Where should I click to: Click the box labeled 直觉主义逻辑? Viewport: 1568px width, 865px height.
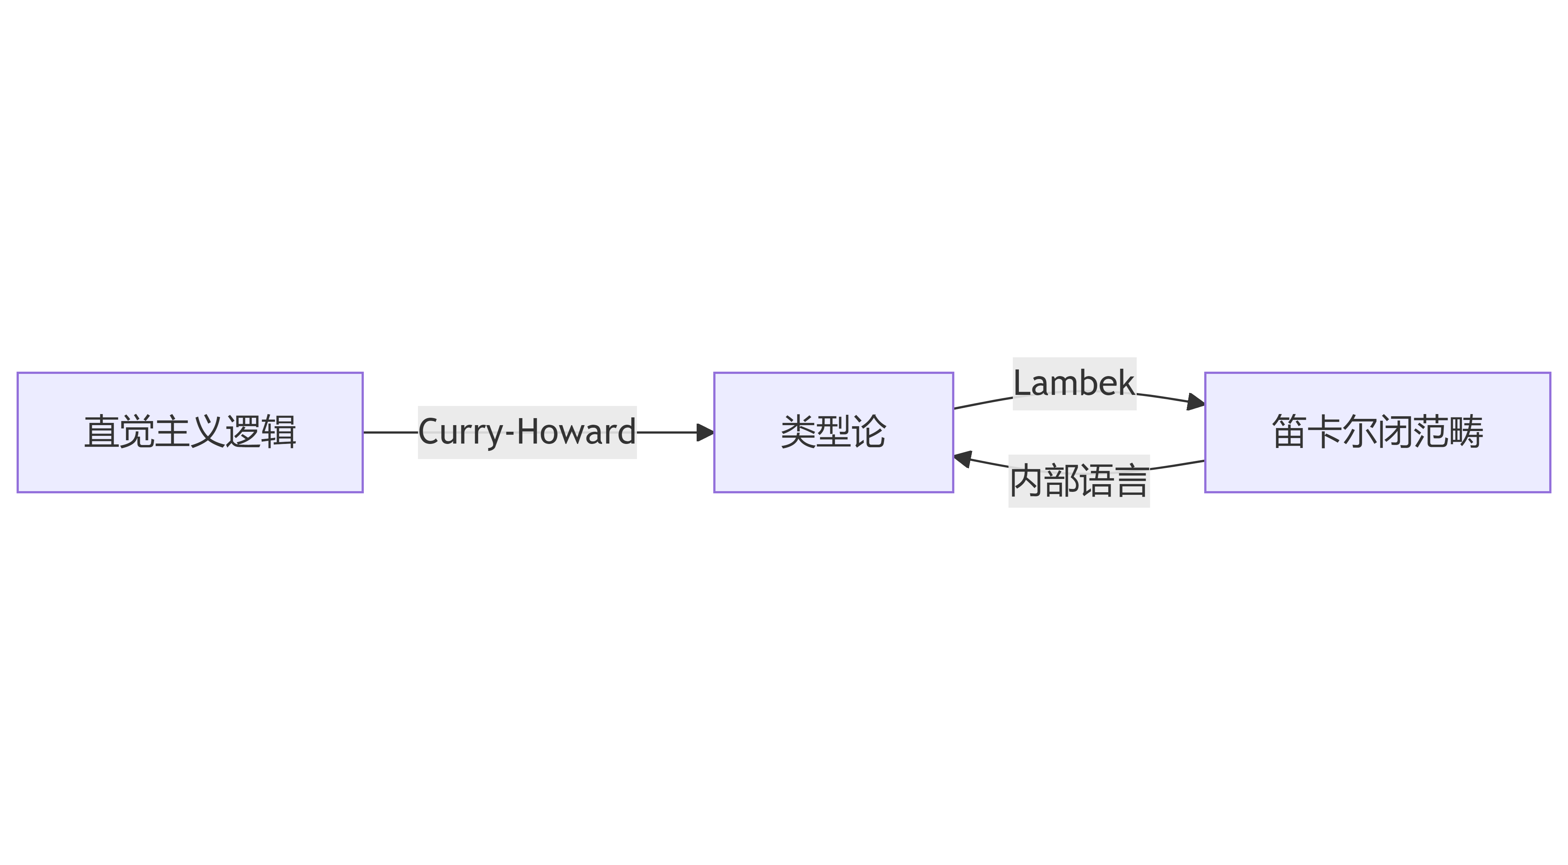pyautogui.click(x=190, y=432)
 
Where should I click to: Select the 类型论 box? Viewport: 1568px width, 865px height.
pyautogui.click(x=833, y=432)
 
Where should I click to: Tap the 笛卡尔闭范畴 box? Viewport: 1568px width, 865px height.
pyautogui.click(x=1377, y=432)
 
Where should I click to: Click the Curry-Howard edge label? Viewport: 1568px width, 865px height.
pyautogui.click(x=527, y=432)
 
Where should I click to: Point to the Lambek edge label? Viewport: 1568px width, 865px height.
pyautogui.click(x=1074, y=383)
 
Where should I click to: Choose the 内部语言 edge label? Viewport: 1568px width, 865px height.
pyautogui.click(x=1079, y=481)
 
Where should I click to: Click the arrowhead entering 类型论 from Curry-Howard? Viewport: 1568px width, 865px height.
pyautogui.click(x=706, y=432)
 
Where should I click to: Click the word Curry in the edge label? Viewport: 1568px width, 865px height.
pyautogui.click(x=460, y=432)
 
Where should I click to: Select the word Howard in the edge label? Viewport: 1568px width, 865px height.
pyautogui.click(x=576, y=432)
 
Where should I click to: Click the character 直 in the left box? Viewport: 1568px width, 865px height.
pyautogui.click(x=102, y=432)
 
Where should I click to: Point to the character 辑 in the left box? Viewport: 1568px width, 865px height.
pyautogui.click(x=279, y=432)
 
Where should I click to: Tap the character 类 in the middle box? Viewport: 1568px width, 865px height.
pyautogui.click(x=798, y=432)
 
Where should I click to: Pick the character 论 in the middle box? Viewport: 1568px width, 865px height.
pyautogui.click(x=869, y=432)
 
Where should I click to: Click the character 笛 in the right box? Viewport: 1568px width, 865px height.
pyautogui.click(x=1289, y=432)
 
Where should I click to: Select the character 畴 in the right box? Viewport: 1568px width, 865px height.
pyautogui.click(x=1466, y=432)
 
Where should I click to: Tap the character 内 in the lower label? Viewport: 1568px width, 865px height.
pyautogui.click(x=1026, y=481)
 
